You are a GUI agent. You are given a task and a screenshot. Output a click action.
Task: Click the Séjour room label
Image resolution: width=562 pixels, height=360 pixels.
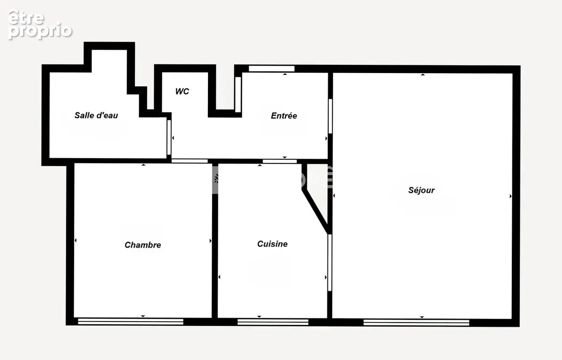click(x=421, y=191)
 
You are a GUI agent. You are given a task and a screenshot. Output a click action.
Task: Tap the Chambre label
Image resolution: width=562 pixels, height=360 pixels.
click(x=143, y=245)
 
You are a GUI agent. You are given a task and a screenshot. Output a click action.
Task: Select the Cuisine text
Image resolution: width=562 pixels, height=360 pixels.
click(x=273, y=244)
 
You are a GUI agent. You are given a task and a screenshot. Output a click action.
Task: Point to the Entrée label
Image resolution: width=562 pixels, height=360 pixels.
click(x=284, y=116)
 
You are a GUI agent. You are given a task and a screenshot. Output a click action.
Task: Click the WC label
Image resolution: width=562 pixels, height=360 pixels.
click(x=182, y=91)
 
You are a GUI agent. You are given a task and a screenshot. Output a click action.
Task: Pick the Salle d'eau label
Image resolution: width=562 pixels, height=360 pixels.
click(x=96, y=115)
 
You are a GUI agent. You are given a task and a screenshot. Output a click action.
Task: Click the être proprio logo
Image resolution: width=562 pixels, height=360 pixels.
click(x=40, y=24)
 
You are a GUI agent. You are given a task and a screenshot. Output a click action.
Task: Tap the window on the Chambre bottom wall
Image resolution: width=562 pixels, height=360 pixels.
click(x=131, y=322)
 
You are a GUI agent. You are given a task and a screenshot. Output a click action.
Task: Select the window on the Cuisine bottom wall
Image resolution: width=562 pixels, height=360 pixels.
click(x=273, y=322)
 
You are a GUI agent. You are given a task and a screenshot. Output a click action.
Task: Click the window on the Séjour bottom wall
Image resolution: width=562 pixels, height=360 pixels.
click(x=416, y=323)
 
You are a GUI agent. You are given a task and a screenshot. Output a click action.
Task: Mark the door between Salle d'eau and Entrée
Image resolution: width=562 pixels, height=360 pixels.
click(x=169, y=138)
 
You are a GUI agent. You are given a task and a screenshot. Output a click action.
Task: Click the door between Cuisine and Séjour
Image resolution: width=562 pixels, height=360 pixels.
click(x=330, y=263)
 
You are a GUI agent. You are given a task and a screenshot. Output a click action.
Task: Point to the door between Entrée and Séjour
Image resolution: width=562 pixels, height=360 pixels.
click(x=330, y=116)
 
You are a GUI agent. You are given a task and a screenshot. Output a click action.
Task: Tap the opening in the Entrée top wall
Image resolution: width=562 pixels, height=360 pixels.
click(x=272, y=68)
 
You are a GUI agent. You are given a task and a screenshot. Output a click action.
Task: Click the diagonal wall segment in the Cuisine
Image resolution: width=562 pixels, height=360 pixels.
click(x=315, y=211)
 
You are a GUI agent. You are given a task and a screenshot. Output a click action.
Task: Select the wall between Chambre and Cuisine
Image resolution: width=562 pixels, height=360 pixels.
click(x=215, y=241)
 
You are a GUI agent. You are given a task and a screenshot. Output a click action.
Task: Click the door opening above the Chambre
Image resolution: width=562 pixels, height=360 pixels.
click(x=189, y=161)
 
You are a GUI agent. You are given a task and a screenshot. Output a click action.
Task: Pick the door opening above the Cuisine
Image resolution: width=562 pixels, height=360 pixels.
click(x=280, y=162)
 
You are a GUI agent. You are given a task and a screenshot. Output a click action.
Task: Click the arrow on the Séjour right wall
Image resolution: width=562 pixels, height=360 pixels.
click(x=510, y=196)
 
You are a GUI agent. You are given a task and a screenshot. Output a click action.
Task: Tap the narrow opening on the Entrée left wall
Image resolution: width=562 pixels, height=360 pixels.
click(x=238, y=95)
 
